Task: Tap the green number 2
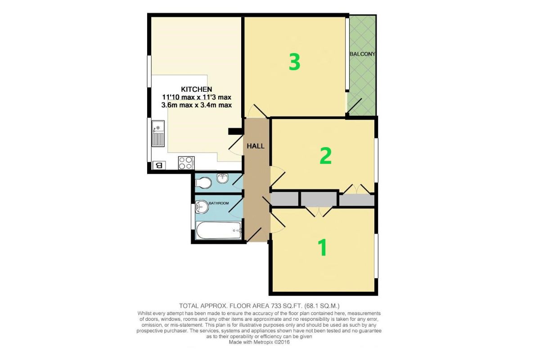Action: (325, 155)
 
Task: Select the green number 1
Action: (322, 247)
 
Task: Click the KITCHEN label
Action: (196, 89)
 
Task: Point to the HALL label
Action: (255, 146)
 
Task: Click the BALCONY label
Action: (362, 54)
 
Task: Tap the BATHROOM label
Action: (219, 203)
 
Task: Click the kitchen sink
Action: (158, 133)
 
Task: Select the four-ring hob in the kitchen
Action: (186, 162)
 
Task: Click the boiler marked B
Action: (158, 165)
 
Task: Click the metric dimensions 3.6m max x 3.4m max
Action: (196, 105)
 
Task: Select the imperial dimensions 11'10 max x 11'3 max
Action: (196, 97)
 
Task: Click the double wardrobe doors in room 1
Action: (318, 211)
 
